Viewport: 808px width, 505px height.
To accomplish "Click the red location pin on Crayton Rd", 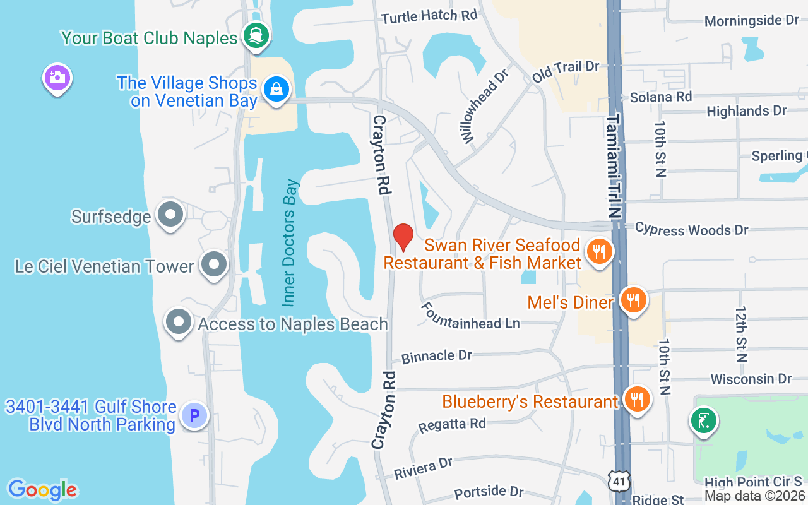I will point(403,237).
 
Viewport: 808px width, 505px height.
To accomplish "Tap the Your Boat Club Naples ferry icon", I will point(256,35).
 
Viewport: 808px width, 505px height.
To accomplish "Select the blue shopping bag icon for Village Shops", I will point(276,88).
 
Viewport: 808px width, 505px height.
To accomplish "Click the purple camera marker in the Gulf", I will point(57,78).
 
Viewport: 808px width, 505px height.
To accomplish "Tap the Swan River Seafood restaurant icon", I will point(598,252).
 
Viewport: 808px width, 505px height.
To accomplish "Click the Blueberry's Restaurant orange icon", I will point(637,399).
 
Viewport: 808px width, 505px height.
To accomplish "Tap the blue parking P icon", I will point(194,415).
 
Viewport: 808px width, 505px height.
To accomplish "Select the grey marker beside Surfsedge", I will point(170,215).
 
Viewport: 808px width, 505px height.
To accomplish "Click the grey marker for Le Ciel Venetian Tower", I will point(214,264).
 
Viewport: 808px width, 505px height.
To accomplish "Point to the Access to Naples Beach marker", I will point(179,322).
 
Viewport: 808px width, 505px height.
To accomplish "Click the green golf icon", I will point(704,421).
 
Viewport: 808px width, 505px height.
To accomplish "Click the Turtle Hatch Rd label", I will point(429,16).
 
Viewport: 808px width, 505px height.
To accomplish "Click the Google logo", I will point(42,489).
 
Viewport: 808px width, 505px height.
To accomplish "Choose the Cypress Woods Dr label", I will point(691,229).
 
